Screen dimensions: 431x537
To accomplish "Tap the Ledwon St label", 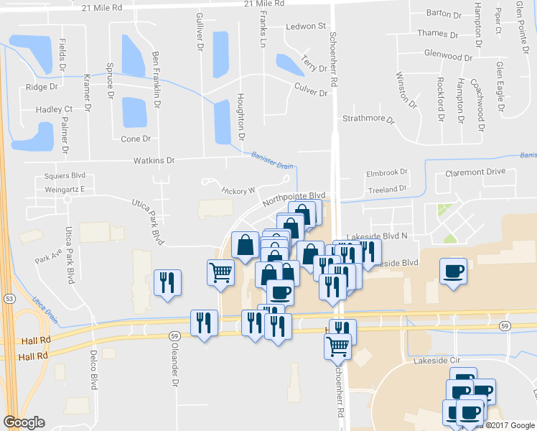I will (306, 27).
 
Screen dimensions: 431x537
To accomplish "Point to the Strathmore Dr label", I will (369, 119).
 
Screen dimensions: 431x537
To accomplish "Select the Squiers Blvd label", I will (65, 175).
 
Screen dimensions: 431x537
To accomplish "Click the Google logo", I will (24, 422).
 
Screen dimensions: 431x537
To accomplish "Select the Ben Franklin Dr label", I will (156, 79).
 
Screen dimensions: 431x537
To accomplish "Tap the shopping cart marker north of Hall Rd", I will (221, 272).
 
